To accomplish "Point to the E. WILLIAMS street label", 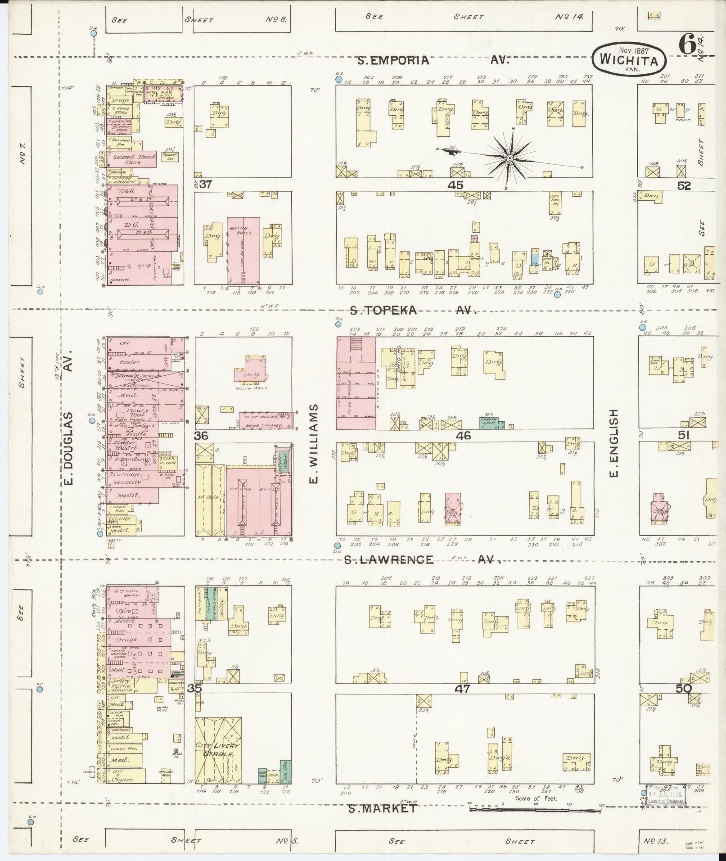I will click(313, 443).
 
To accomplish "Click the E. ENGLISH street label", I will click(614, 443).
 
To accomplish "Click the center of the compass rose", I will click(510, 158).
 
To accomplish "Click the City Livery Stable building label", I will click(218, 749).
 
